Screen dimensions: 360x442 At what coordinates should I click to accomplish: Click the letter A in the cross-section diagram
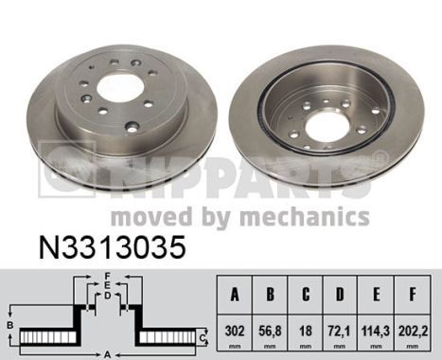tap(109, 354)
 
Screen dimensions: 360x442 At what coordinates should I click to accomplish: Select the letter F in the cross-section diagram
tap(108, 276)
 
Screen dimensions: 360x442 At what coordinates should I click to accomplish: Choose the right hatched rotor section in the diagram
tap(170, 337)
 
